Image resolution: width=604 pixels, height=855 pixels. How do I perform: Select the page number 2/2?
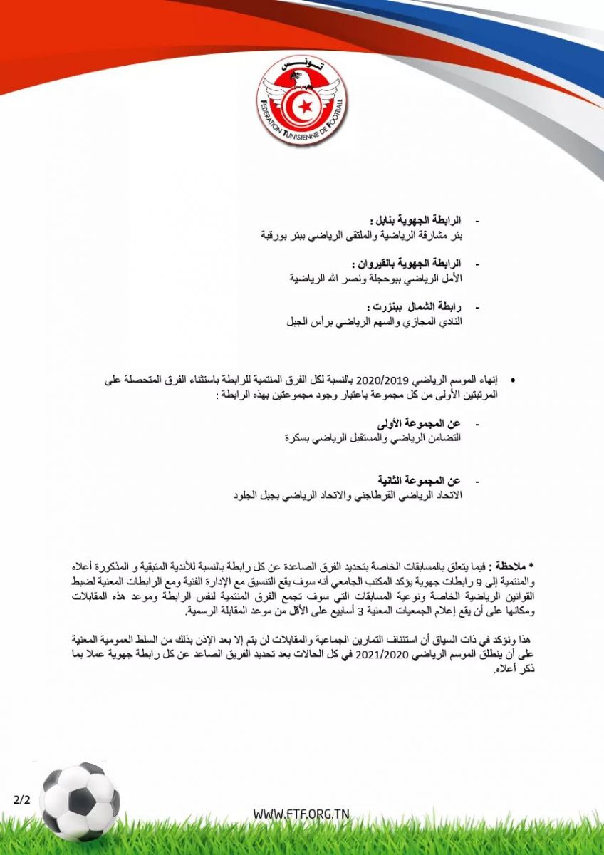click(22, 799)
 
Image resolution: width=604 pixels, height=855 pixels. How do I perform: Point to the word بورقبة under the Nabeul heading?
click(274, 233)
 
